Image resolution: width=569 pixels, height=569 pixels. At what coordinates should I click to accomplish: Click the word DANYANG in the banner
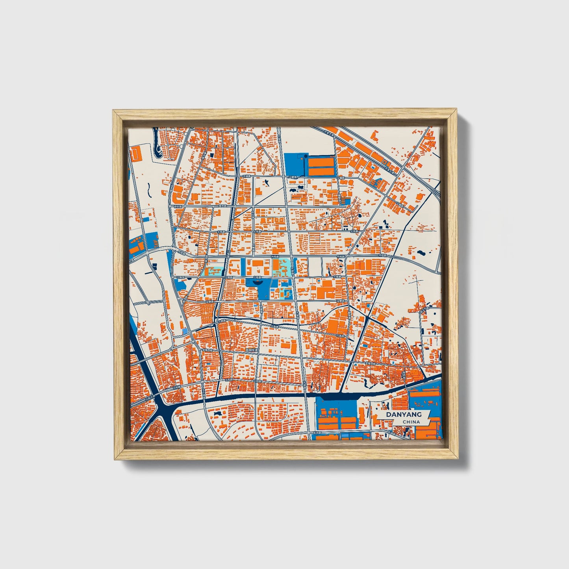[404, 414]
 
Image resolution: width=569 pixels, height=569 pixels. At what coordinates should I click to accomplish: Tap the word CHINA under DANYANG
[411, 422]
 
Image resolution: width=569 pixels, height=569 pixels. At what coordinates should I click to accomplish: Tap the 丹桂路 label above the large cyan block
[275, 257]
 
